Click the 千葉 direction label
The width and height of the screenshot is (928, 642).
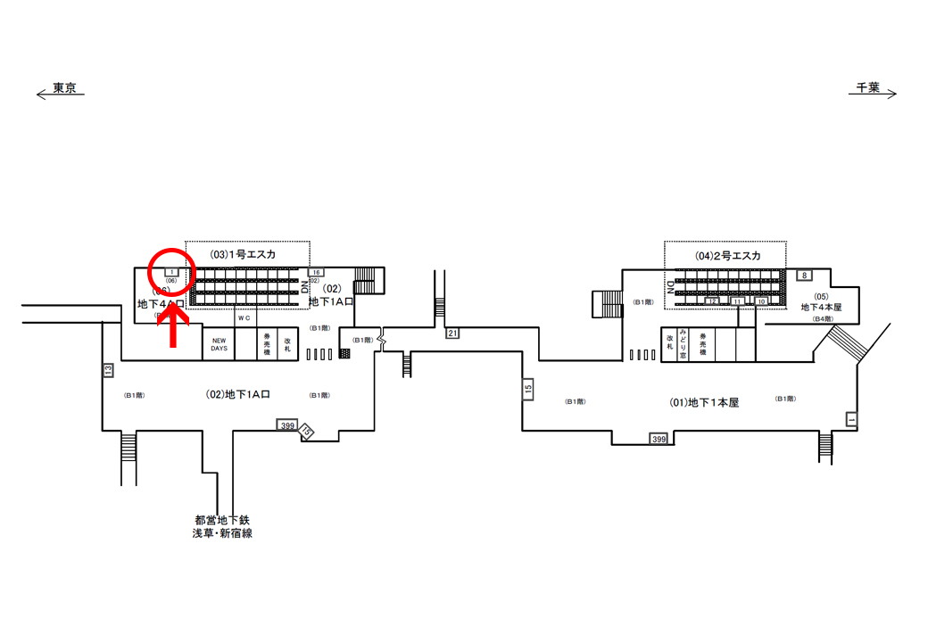[x=867, y=87]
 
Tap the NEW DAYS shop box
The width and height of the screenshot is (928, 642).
[x=219, y=345]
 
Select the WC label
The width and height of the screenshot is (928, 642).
[x=244, y=318]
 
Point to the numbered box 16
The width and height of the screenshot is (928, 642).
[x=316, y=272]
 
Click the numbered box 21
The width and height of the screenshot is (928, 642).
[x=452, y=333]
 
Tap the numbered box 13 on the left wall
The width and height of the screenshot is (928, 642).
[x=109, y=369]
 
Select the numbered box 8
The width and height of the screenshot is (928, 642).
[x=803, y=276]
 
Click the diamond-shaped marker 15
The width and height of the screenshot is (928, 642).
[x=307, y=432]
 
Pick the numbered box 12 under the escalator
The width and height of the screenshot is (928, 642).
[x=712, y=301]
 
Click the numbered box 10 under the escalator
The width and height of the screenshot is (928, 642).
[x=761, y=301]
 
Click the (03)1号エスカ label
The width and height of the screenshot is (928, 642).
[x=243, y=254]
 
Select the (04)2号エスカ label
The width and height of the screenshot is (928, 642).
[x=728, y=255]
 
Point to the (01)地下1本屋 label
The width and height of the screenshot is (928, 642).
[x=704, y=402]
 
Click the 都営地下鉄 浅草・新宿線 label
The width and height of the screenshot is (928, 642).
[x=222, y=526]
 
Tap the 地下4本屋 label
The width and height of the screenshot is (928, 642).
[x=821, y=307]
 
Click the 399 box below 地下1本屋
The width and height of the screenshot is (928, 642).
[x=659, y=439]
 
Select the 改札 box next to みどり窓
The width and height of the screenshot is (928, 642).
[x=669, y=343]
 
